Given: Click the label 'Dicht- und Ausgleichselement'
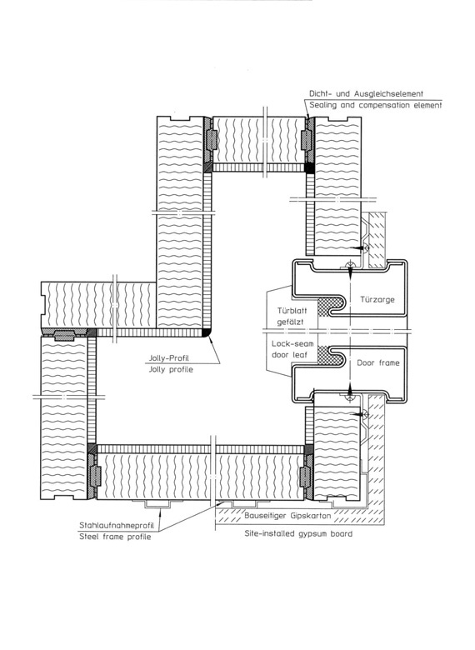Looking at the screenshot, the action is coord(366,93).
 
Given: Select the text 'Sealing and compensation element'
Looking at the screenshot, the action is coord(376,105).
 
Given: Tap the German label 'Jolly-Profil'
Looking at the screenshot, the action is coord(168,358).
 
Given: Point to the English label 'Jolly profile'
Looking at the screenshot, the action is coord(170,369).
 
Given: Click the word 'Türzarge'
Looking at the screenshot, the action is coord(377,299).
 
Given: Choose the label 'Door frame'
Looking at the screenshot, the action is coord(378,362).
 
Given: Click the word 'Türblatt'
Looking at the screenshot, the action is coord(292,311).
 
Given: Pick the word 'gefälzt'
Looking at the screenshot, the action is coord(291,322).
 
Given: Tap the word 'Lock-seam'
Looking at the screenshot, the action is coord(292,343).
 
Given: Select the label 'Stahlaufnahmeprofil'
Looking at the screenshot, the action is coord(117,525).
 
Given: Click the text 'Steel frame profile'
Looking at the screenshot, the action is coord(115,537).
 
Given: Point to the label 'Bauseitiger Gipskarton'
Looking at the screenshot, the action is coord(287,516).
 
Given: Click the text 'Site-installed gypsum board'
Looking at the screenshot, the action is coord(298,533).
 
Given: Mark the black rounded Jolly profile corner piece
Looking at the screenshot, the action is coord(207,332).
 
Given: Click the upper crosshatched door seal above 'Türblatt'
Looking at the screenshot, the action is coord(330,307).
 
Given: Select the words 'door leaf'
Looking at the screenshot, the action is coord(289,355).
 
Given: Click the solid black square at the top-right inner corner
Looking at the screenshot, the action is coord(309,167).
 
